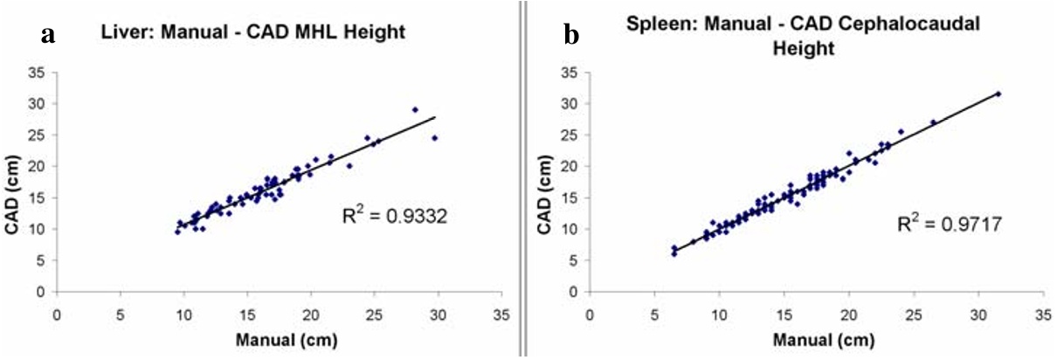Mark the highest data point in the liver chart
coord(415,110)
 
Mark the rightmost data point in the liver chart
coord(434,138)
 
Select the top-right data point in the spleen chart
coord(998,93)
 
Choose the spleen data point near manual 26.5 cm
coord(933,122)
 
